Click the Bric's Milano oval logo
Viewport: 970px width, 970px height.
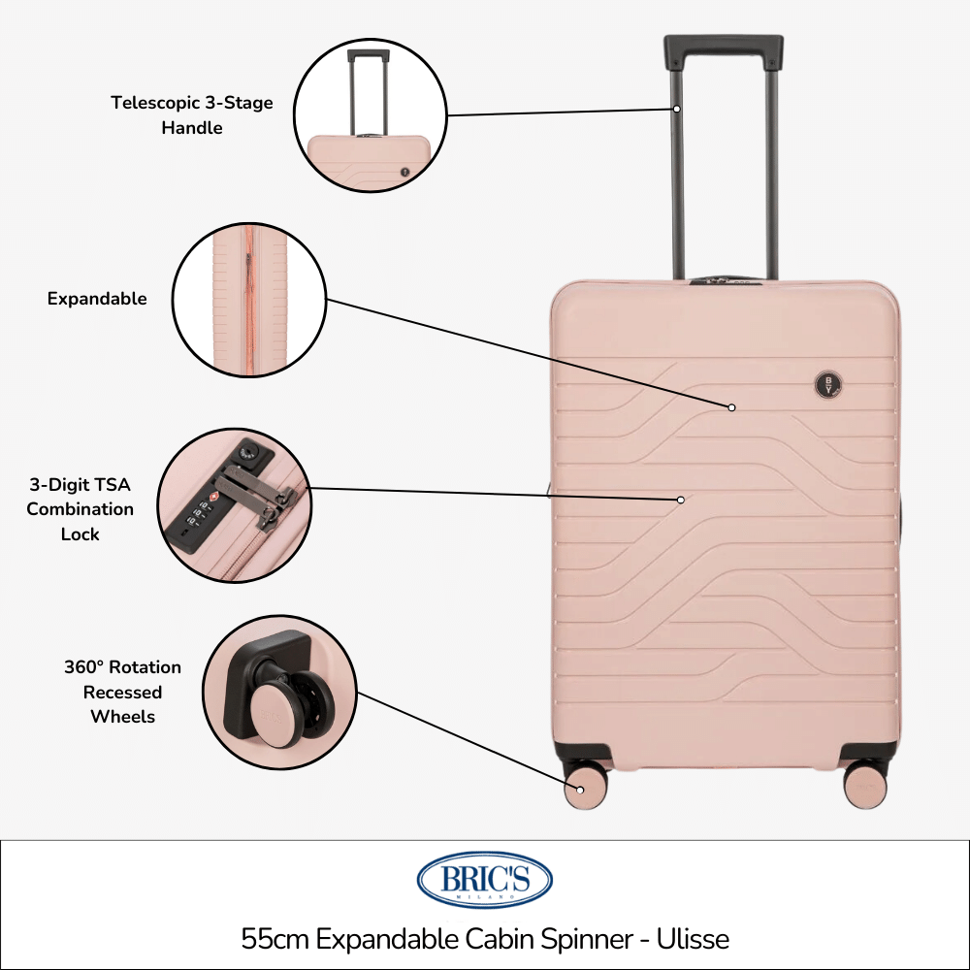pos(484,880)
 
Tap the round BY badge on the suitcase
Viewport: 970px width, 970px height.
pos(827,385)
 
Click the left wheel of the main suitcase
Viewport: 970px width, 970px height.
pos(585,786)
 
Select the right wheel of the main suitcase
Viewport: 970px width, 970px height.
pos(865,786)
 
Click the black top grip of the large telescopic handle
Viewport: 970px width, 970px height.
pos(724,52)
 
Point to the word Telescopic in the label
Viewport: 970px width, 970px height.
pos(156,103)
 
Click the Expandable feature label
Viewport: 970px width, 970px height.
pos(97,298)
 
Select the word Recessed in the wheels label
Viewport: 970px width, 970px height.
pos(122,692)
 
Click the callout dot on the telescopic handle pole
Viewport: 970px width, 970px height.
pos(677,109)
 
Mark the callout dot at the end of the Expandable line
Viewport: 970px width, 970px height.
pos(731,407)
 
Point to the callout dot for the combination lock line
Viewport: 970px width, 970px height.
pos(681,500)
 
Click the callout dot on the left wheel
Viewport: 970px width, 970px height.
pos(580,790)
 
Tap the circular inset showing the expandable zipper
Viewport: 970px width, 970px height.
pos(248,300)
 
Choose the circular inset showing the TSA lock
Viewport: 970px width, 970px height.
pos(234,505)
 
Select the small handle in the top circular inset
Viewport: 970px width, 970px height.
pos(369,93)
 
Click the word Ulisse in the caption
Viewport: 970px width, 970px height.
pos(693,938)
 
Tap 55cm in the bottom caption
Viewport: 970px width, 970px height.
pos(275,939)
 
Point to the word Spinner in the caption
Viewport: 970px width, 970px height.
pos(587,940)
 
